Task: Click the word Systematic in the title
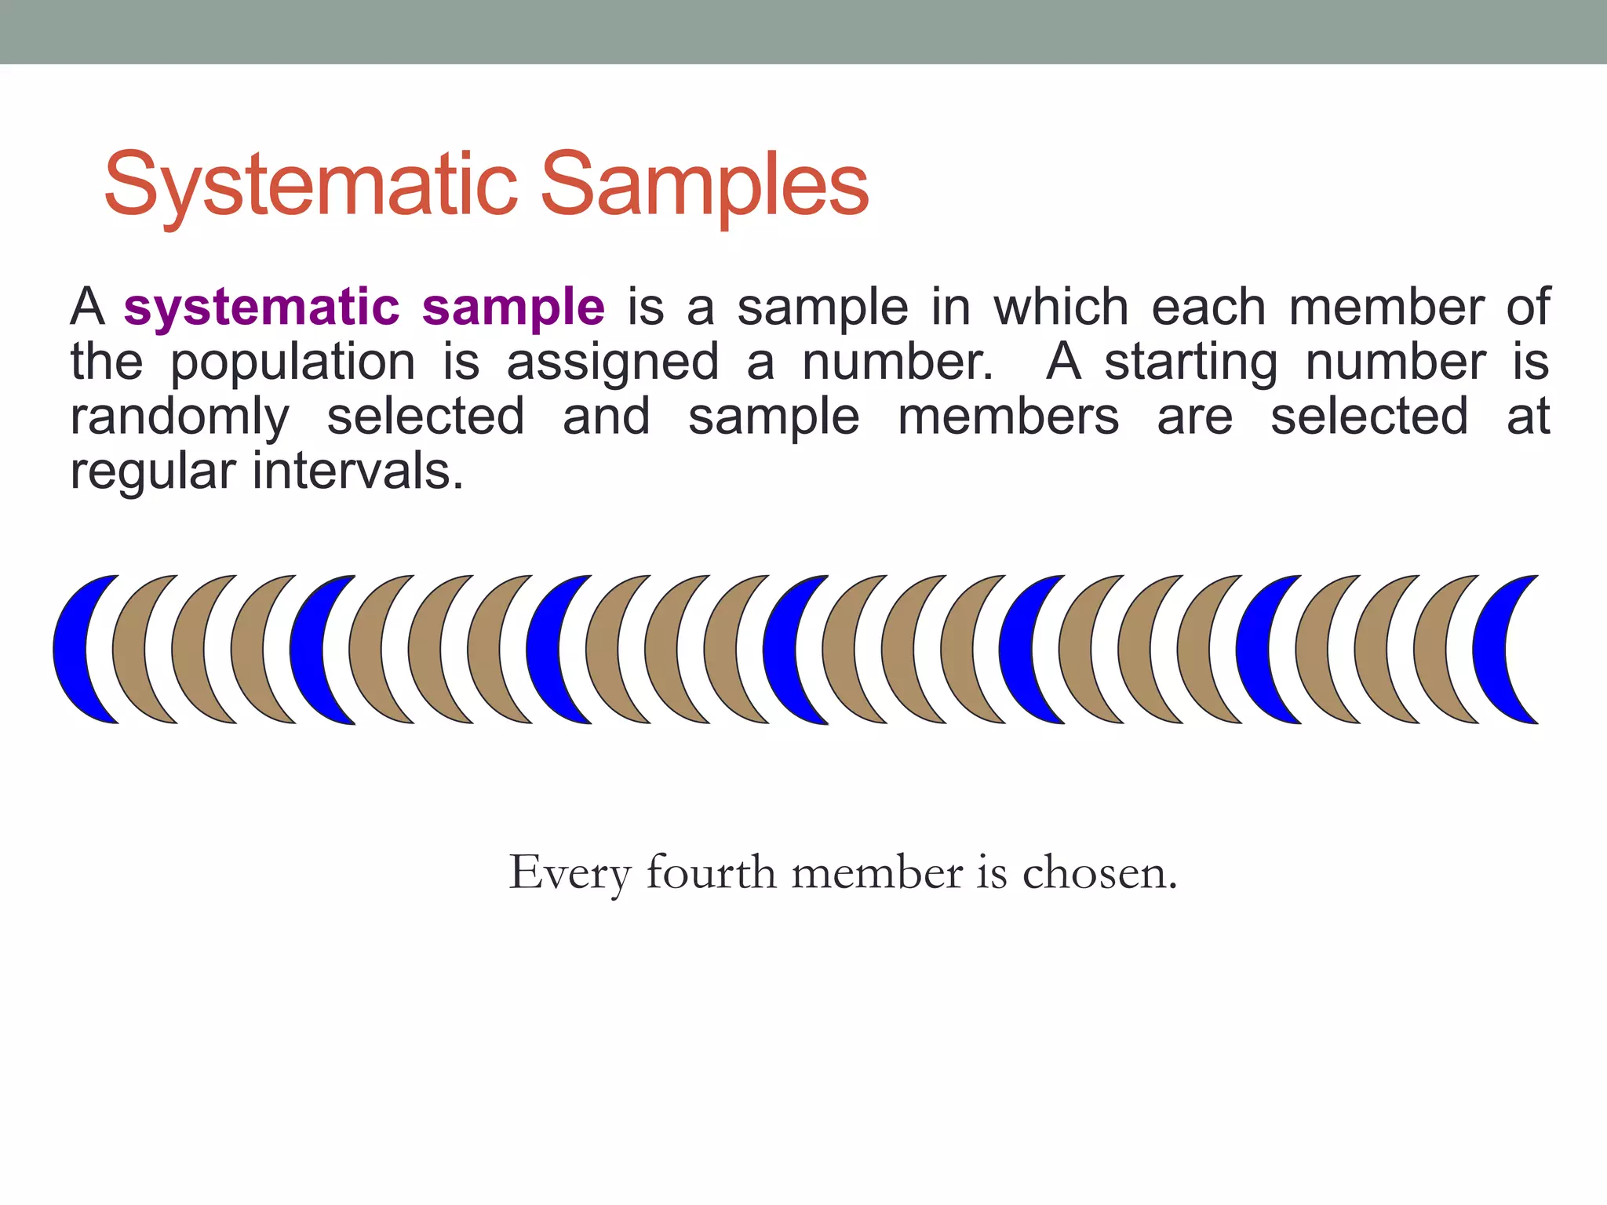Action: [311, 185]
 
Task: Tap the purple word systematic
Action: [261, 308]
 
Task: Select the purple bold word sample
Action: [513, 308]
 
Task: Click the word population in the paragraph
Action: [293, 363]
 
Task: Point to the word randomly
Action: [180, 417]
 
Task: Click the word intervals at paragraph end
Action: [357, 471]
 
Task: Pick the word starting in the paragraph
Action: [1191, 363]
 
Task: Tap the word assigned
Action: [612, 363]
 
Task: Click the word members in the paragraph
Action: [1008, 417]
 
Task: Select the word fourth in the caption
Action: [710, 872]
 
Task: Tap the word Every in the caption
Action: [570, 874]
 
